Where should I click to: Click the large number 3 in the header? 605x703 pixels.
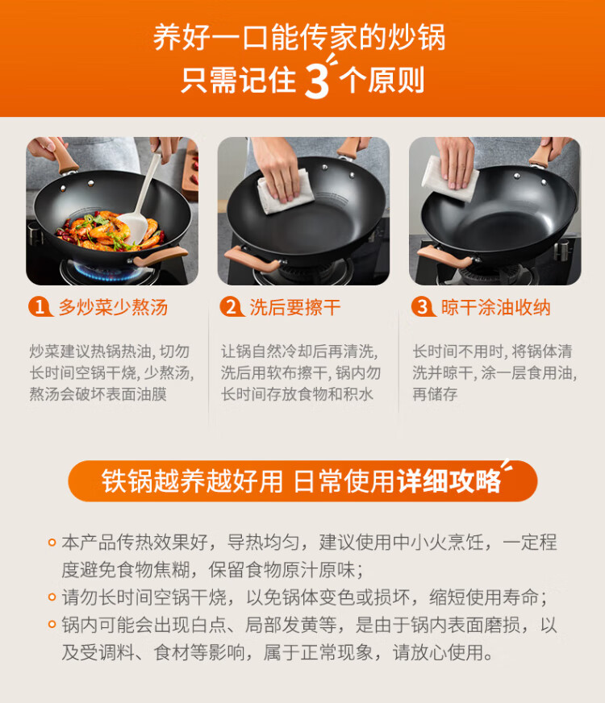click(317, 80)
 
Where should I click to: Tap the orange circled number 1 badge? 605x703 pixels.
click(40, 307)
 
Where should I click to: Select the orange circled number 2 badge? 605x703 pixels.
click(231, 307)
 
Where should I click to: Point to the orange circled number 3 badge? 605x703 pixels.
click(423, 307)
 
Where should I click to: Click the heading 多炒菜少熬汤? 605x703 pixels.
click(113, 308)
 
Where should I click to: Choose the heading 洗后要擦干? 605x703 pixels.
click(295, 308)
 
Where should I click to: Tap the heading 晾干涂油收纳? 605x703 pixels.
click(495, 308)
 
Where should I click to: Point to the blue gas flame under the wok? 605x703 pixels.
click(107, 271)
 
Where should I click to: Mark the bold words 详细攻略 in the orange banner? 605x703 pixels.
click(449, 481)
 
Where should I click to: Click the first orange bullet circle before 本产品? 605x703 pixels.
click(52, 543)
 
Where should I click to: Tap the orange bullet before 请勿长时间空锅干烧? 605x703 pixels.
click(52, 597)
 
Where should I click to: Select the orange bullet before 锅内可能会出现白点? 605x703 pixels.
click(52, 625)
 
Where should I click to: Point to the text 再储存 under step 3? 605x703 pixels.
click(435, 394)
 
